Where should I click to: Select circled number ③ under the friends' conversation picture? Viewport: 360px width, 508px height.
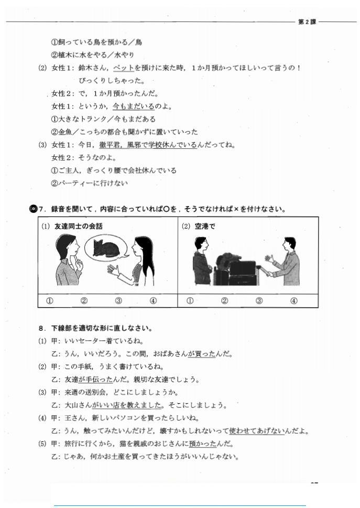[118, 300]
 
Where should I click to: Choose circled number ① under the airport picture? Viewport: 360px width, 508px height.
[190, 300]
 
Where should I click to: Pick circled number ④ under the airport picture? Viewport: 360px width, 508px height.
[293, 300]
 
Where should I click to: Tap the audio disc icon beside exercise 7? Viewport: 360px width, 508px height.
[33, 209]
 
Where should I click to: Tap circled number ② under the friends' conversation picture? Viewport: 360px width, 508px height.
[84, 300]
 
